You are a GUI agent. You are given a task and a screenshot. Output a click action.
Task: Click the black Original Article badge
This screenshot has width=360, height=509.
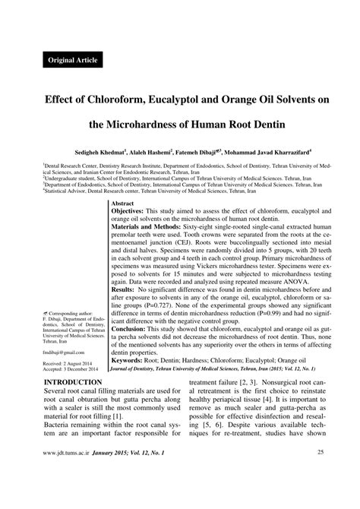[73, 59]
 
